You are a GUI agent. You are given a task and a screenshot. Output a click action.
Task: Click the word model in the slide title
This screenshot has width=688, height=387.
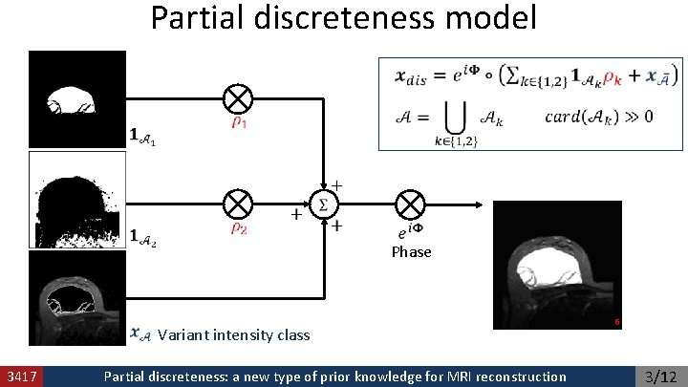(x=489, y=18)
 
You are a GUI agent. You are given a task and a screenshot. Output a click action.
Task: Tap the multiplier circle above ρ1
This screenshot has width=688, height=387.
(x=238, y=98)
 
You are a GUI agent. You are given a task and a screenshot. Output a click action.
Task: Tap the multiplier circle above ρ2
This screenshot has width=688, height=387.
(x=238, y=204)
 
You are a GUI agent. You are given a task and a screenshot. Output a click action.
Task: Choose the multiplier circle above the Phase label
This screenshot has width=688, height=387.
(x=411, y=204)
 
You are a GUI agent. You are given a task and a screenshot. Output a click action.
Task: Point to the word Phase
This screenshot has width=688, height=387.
(x=411, y=252)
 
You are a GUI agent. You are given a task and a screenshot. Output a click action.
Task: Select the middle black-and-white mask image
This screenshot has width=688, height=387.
(x=77, y=200)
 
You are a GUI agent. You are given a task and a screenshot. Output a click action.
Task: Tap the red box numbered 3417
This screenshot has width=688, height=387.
(x=21, y=376)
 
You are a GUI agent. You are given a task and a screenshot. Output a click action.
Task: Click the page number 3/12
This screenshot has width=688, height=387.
(x=660, y=376)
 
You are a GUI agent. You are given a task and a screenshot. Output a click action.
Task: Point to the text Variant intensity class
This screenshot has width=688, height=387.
(x=233, y=335)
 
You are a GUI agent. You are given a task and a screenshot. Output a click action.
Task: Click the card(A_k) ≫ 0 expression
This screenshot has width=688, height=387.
(x=600, y=118)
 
